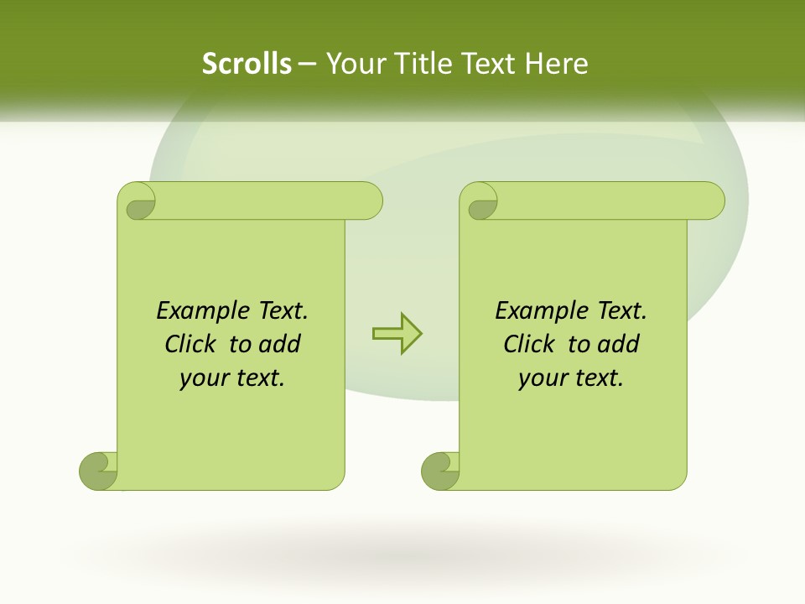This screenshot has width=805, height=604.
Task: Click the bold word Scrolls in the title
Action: tap(247, 64)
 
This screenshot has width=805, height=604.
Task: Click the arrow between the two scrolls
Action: tap(397, 334)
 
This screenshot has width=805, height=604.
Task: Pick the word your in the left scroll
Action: tap(204, 378)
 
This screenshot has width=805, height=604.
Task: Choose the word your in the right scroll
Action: tap(543, 378)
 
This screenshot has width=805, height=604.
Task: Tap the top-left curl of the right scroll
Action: tap(480, 202)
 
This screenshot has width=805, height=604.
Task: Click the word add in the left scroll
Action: tap(278, 344)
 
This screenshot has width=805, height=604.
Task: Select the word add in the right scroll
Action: tap(617, 344)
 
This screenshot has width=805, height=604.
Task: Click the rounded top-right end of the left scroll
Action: tap(369, 201)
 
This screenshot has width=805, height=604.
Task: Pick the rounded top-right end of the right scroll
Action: tap(711, 201)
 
